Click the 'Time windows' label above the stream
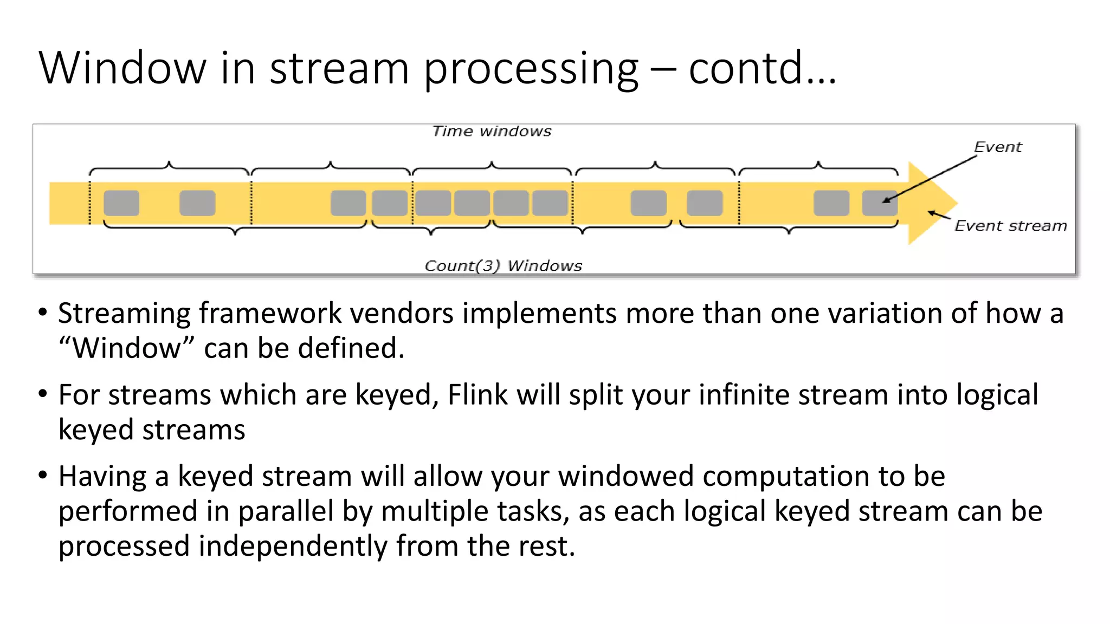(492, 132)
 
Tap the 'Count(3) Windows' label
(503, 265)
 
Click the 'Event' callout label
(997, 147)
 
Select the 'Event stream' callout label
(1010, 226)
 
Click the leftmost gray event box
(121, 203)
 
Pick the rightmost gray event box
(879, 203)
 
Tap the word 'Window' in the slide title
(122, 68)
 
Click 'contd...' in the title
(762, 68)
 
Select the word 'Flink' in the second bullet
(477, 394)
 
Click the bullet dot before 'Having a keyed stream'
(43, 476)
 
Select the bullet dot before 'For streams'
(43, 394)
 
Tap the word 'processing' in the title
(531, 69)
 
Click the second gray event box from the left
(197, 203)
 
